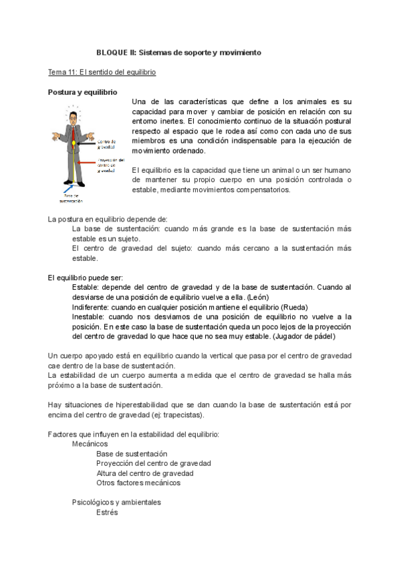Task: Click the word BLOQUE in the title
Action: coord(112,52)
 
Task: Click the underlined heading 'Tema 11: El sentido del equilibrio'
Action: coord(102,71)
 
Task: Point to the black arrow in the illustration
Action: coord(86,143)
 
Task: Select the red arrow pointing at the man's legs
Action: coord(86,162)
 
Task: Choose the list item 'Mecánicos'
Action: coord(90,444)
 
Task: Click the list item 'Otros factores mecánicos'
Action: coord(138,483)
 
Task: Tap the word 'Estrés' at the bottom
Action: coord(107,513)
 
